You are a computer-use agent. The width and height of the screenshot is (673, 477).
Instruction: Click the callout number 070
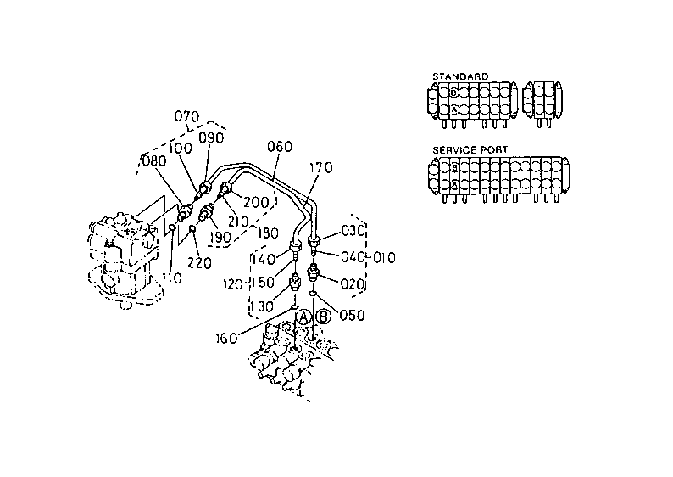(x=186, y=116)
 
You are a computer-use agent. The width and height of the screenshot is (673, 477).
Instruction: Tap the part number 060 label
(x=280, y=147)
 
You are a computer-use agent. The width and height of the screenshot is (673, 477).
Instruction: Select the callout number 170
(x=320, y=167)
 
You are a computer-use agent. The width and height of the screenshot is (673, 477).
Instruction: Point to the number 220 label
(x=199, y=262)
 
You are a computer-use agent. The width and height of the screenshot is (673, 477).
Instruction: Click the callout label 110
(x=172, y=278)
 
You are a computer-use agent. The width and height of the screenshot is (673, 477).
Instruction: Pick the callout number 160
(x=226, y=338)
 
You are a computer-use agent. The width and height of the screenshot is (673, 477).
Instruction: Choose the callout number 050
(x=352, y=316)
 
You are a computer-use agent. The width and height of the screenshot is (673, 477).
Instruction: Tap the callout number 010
(x=384, y=257)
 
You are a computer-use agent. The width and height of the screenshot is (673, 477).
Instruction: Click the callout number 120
(x=233, y=284)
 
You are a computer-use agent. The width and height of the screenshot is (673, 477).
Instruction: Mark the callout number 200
(x=256, y=202)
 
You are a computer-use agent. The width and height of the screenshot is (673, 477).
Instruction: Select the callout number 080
(x=154, y=161)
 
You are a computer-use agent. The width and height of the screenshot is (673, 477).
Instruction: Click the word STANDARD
(x=460, y=76)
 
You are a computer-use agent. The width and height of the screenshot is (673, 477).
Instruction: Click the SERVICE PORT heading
(x=470, y=150)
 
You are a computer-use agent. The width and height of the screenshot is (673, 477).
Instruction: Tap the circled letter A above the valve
(x=304, y=317)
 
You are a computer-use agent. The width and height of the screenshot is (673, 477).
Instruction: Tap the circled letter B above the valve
(x=324, y=317)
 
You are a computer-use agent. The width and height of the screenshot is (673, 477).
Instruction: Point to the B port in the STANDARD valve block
(x=454, y=92)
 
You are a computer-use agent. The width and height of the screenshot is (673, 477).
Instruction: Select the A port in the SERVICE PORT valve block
(x=455, y=185)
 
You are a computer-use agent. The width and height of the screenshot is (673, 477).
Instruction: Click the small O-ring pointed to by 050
(x=314, y=293)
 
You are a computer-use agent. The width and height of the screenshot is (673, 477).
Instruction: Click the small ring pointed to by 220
(x=192, y=228)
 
